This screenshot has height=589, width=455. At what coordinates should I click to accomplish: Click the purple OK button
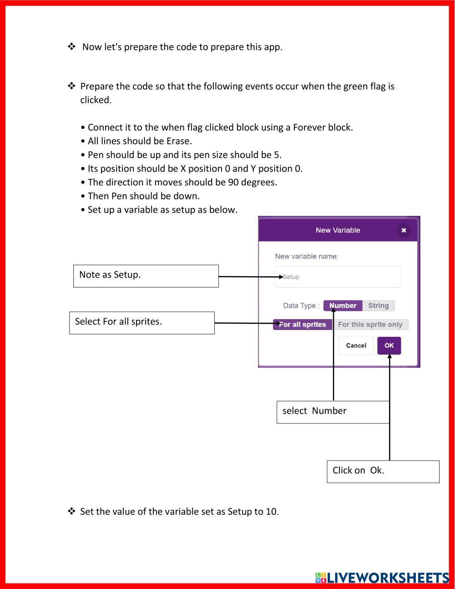[389, 345]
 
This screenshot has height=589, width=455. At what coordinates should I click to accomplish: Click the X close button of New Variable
[403, 230]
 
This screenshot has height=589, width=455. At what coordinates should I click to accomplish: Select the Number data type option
[343, 306]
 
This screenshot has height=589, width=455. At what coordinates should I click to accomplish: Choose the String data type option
[378, 306]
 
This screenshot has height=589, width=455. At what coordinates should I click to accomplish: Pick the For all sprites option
[303, 325]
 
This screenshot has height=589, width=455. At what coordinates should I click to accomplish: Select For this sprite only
[370, 325]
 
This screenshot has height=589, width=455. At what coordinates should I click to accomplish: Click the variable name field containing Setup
[338, 277]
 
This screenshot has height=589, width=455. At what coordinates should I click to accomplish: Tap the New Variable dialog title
[338, 230]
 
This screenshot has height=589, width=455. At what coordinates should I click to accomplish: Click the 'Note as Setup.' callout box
[146, 276]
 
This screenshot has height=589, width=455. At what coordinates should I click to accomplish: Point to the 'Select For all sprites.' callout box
[142, 323]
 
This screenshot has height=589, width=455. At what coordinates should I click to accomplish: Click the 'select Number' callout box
[333, 412]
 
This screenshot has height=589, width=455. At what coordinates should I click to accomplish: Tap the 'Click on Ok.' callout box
[383, 471]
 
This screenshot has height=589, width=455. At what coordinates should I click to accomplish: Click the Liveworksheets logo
[382, 578]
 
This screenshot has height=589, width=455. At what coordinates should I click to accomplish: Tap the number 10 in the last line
[271, 512]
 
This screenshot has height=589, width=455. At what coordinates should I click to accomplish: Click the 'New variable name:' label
[307, 256]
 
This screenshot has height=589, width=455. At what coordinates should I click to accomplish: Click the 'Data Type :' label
[301, 306]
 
